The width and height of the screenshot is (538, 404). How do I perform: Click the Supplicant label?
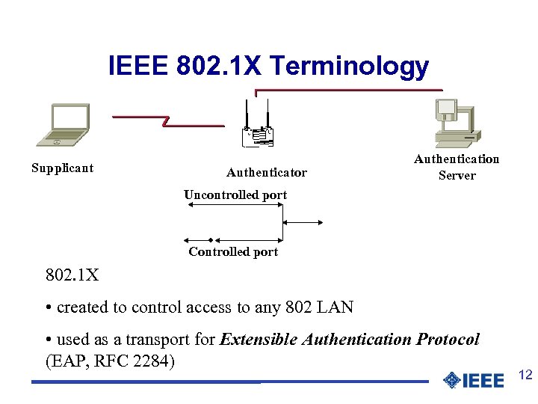click(62, 168)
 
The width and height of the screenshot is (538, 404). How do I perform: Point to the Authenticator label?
click(267, 173)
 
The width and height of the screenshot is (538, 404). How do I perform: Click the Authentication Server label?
click(457, 167)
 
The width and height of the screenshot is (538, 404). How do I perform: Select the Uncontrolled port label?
click(235, 195)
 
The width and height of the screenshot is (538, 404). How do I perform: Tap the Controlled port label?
click(233, 252)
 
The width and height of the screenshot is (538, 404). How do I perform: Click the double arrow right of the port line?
click(303, 222)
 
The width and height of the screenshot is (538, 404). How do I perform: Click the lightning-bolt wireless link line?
click(168, 120)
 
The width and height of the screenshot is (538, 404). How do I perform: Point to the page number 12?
click(525, 376)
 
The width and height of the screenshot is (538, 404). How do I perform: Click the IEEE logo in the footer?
click(473, 380)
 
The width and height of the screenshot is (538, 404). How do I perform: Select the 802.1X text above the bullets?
click(72, 275)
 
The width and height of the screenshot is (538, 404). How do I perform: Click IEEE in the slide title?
click(139, 67)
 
